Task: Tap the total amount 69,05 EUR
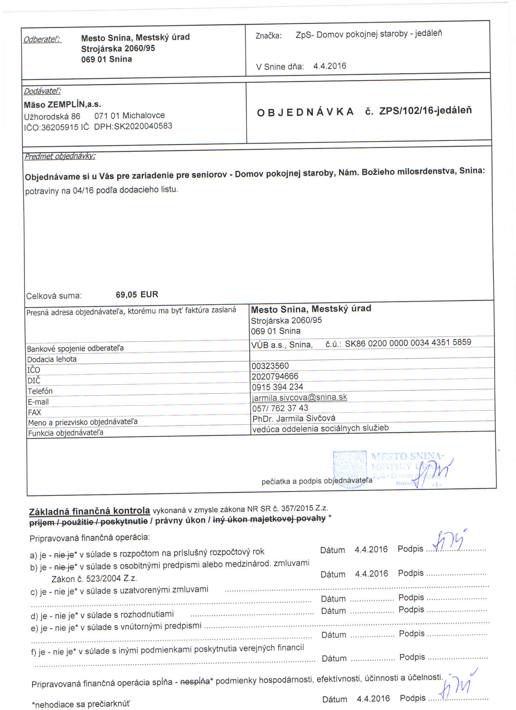137,295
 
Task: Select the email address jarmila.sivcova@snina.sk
299,397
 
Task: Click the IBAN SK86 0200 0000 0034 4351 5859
408,343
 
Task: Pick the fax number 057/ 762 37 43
280,408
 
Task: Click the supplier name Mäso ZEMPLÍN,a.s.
62,105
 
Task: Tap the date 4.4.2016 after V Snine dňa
329,66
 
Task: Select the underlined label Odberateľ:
42,40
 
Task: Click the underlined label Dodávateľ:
42,91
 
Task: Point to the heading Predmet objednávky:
60,156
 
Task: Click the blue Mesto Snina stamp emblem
350,469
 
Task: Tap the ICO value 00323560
270,366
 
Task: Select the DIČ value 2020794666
275,376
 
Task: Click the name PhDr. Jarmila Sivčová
294,418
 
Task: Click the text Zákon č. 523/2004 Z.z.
94,578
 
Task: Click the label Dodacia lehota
52,359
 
